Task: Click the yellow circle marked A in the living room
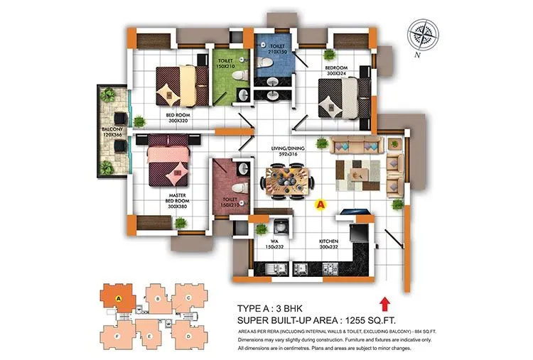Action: (x=320, y=204)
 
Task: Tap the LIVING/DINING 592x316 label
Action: (x=287, y=152)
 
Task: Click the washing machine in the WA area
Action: (x=281, y=229)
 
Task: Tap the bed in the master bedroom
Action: (x=169, y=162)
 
